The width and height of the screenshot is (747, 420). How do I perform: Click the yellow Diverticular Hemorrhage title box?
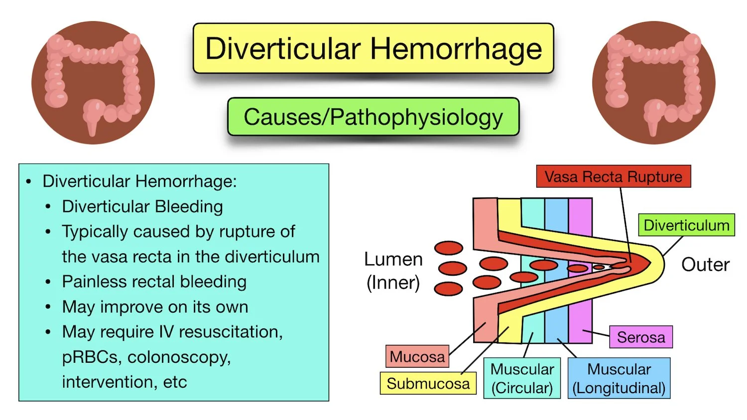[373, 49]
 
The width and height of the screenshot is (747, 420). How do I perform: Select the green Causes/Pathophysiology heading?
[373, 117]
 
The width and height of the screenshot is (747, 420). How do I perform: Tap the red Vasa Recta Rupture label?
[613, 177]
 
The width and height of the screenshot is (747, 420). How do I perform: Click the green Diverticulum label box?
[686, 225]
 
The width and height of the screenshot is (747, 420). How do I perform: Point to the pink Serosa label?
[640, 337]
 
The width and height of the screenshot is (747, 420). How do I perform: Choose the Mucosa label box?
[417, 356]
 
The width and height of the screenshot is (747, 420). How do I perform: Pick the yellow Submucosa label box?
[428, 383]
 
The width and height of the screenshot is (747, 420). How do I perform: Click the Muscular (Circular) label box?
[522, 378]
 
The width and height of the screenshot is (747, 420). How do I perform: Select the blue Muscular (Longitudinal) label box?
[619, 378]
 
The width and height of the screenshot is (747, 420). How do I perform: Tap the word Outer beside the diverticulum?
[705, 264]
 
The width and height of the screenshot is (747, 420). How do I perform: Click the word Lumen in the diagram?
[393, 259]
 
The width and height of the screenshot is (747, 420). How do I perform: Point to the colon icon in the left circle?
[93, 83]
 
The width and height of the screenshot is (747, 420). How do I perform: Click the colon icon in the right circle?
[653, 83]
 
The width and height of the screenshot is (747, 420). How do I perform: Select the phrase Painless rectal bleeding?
[154, 282]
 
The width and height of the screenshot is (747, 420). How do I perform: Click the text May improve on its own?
[155, 307]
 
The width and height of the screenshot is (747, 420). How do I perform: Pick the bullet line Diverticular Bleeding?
[142, 207]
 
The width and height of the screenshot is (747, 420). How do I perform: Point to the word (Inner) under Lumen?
[393, 283]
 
